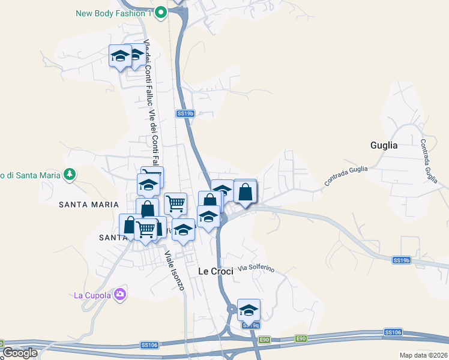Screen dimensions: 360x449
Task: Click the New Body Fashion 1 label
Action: pyautogui.click(x=114, y=13)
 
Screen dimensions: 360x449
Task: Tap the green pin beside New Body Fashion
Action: pyautogui.click(x=160, y=12)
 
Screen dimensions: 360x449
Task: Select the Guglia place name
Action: pyautogui.click(x=384, y=145)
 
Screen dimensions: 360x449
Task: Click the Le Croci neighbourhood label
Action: pyautogui.click(x=215, y=271)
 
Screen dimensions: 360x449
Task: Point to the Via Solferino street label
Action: pyautogui.click(x=256, y=268)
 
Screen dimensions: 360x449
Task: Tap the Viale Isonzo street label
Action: pyautogui.click(x=174, y=271)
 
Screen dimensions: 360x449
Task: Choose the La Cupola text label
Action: pyautogui.click(x=92, y=295)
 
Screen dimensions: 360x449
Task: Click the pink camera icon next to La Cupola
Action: pyautogui.click(x=120, y=294)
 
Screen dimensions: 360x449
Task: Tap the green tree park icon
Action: pyautogui.click(x=70, y=175)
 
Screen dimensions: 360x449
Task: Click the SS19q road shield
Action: pyautogui.click(x=252, y=325)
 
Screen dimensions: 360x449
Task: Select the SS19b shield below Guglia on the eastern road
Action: pyautogui.click(x=401, y=260)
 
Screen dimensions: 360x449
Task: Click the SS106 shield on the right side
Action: pyautogui.click(x=393, y=332)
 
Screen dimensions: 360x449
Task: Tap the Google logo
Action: pyautogui.click(x=20, y=353)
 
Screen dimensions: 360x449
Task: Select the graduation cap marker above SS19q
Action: pyautogui.click(x=248, y=310)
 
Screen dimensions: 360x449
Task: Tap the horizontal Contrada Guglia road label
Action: pyautogui.click(x=346, y=175)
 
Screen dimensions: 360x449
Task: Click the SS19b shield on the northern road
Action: pyautogui.click(x=185, y=113)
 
